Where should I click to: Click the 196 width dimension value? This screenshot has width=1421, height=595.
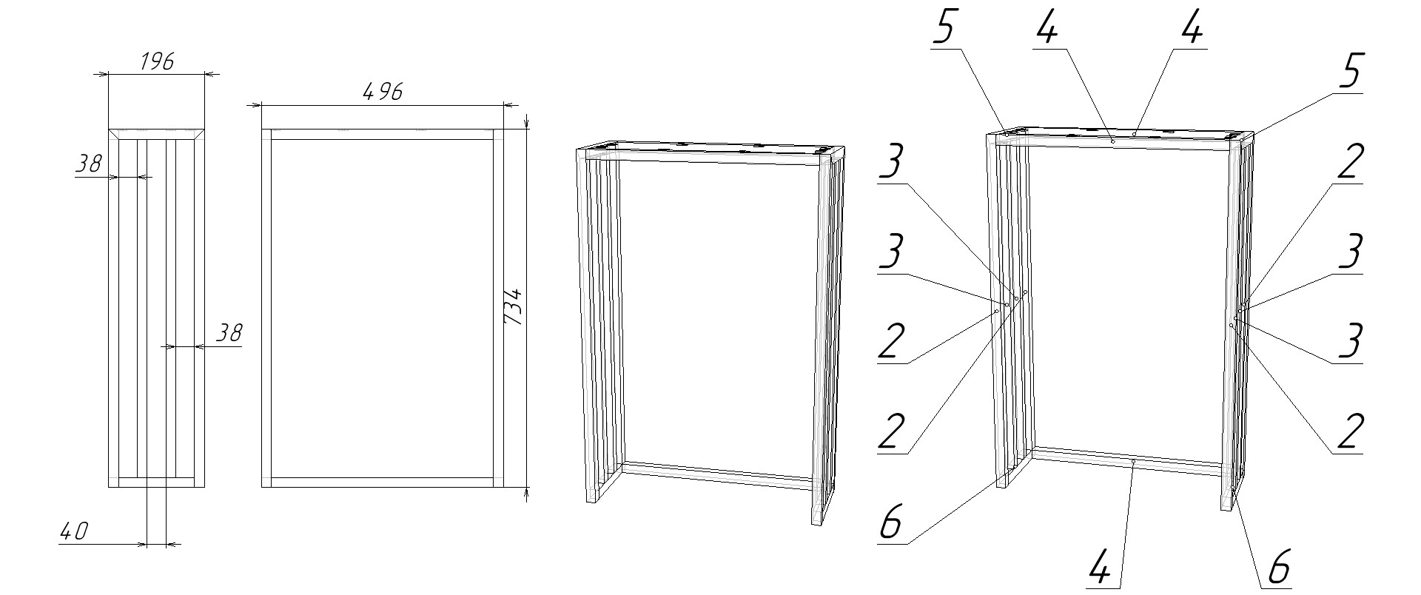click(157, 61)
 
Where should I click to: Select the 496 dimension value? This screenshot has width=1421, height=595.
click(383, 93)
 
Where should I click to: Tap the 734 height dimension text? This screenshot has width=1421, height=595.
click(513, 306)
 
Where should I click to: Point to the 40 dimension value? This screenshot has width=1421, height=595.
click(74, 531)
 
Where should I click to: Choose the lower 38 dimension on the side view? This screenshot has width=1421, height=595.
click(229, 333)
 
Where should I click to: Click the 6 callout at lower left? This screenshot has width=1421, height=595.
click(891, 522)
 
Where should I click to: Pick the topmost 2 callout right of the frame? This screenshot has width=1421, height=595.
click(1348, 161)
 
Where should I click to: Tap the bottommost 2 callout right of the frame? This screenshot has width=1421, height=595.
click(1348, 431)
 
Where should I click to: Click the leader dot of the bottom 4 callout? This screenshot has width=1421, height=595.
click(1134, 461)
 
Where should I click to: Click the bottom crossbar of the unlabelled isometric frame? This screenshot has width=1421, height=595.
click(718, 477)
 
